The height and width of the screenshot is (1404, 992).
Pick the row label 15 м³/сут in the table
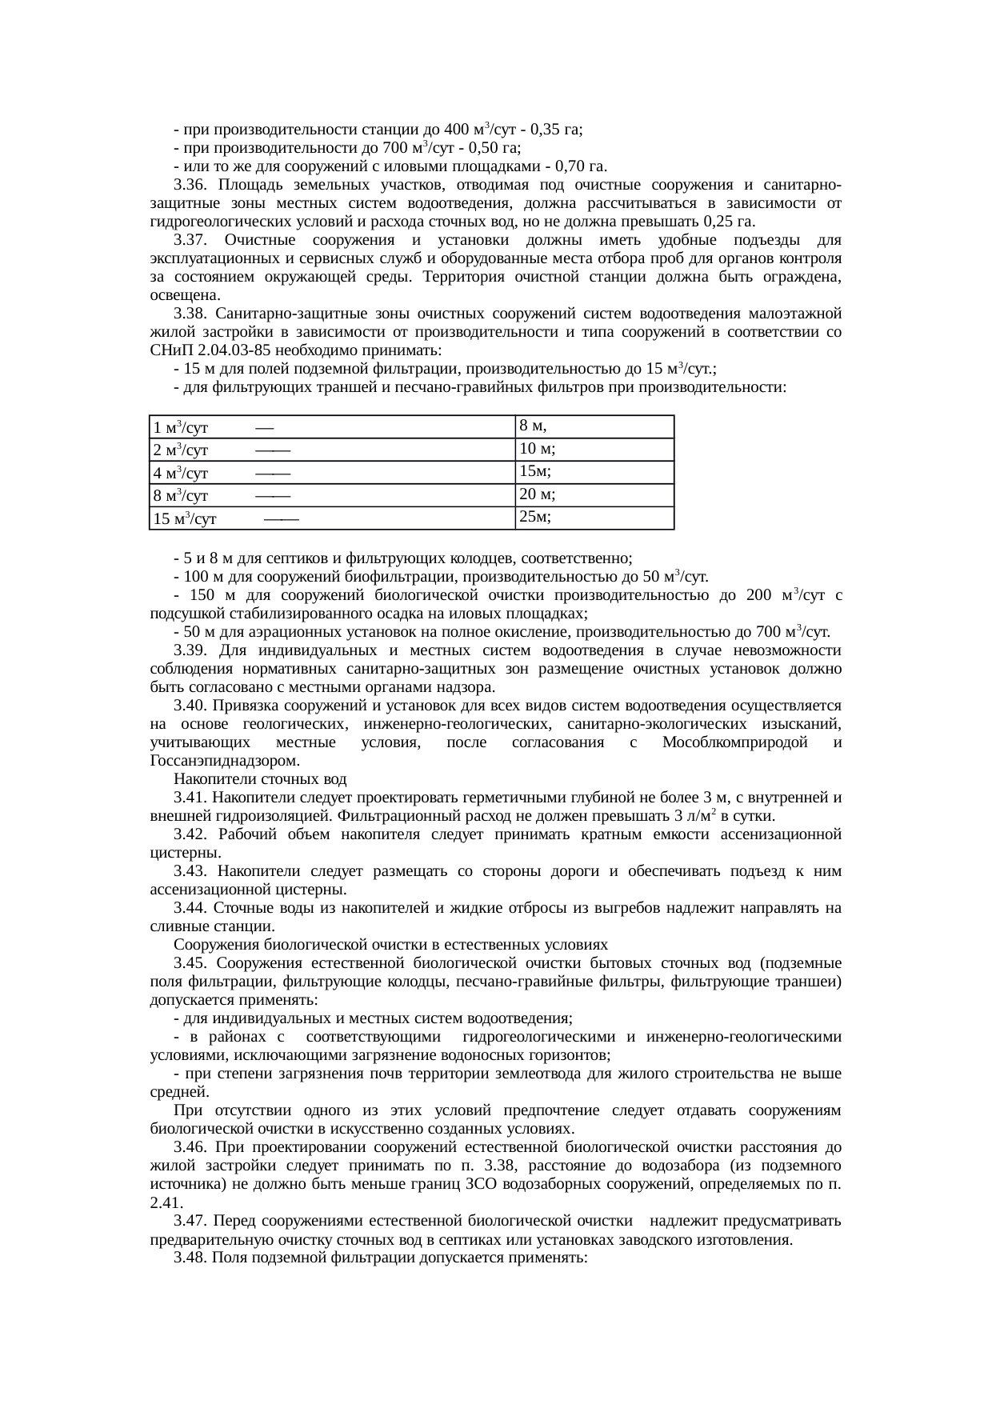point(185,519)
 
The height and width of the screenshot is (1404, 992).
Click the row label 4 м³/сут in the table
point(181,474)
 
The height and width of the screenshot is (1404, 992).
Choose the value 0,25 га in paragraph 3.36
point(731,222)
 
